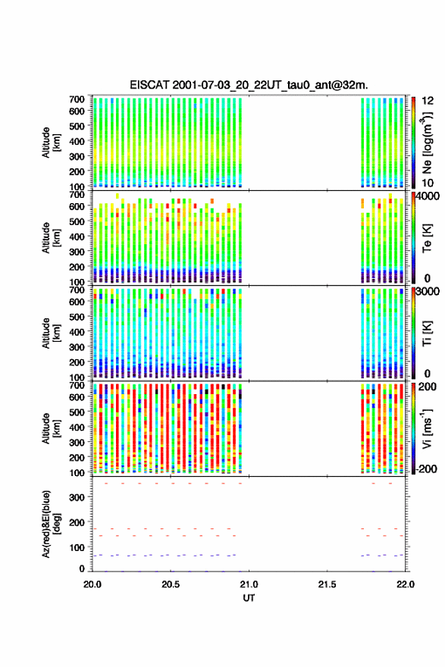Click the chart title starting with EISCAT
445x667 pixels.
(x=249, y=85)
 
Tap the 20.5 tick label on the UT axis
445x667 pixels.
(x=171, y=584)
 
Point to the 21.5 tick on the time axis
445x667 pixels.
(x=327, y=584)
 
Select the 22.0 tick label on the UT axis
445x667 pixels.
(x=406, y=584)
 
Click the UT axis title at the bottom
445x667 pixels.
(x=249, y=598)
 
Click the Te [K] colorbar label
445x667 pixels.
(x=427, y=239)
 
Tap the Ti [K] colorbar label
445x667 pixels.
(x=427, y=334)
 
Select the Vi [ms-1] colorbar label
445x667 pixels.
(x=427, y=429)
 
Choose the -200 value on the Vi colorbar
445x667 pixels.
(x=427, y=469)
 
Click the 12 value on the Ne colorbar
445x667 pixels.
(x=428, y=101)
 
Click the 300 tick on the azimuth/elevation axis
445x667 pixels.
(x=77, y=497)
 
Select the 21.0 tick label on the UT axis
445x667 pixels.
(x=249, y=584)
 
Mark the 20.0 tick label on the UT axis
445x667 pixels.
(x=92, y=584)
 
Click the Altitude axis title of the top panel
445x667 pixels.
(x=52, y=142)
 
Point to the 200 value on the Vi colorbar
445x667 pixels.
(x=428, y=387)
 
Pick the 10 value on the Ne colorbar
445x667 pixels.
(x=428, y=183)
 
